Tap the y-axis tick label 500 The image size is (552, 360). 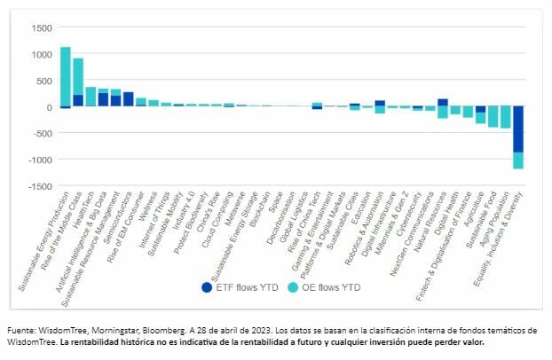(x=41, y=81)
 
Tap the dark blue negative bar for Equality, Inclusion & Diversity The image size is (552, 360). (x=518, y=129)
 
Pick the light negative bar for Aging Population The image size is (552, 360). (x=506, y=117)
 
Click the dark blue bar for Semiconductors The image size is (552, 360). (x=129, y=99)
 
